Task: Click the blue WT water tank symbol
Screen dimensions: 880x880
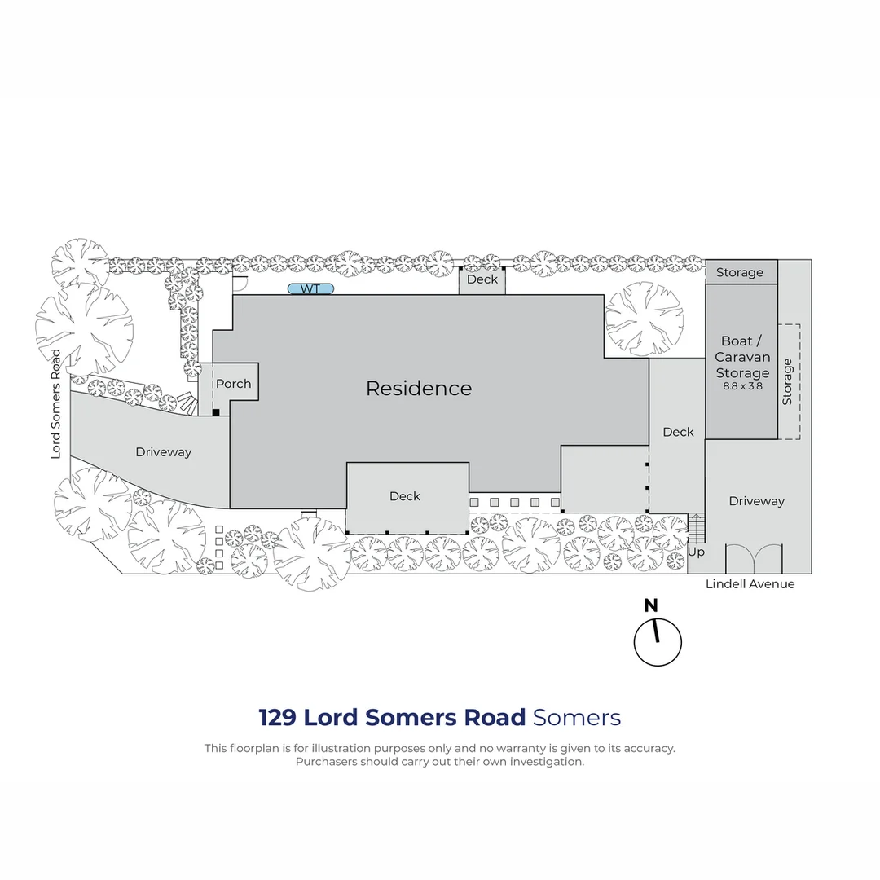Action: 310,288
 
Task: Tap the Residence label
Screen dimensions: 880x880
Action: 419,389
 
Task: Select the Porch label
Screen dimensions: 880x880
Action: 234,384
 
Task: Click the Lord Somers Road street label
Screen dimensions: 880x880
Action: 55,404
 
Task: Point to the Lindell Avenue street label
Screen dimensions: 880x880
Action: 750,583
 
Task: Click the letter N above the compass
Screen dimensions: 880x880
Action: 651,605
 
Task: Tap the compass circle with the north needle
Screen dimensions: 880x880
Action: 658,643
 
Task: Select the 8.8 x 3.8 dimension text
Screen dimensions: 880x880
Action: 742,386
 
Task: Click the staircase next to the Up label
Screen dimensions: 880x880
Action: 696,528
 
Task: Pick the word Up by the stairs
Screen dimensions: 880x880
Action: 696,552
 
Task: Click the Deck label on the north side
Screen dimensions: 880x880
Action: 482,279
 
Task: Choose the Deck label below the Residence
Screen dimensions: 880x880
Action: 405,496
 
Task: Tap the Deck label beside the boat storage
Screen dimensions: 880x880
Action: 678,432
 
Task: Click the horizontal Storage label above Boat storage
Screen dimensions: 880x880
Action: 739,272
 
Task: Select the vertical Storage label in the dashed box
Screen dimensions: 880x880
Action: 787,381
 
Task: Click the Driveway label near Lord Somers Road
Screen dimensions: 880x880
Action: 163,452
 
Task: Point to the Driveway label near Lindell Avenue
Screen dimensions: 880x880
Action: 756,501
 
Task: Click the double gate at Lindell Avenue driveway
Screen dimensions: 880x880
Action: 754,558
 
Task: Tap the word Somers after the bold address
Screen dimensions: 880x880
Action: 576,717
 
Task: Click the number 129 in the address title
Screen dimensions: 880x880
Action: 277,717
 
